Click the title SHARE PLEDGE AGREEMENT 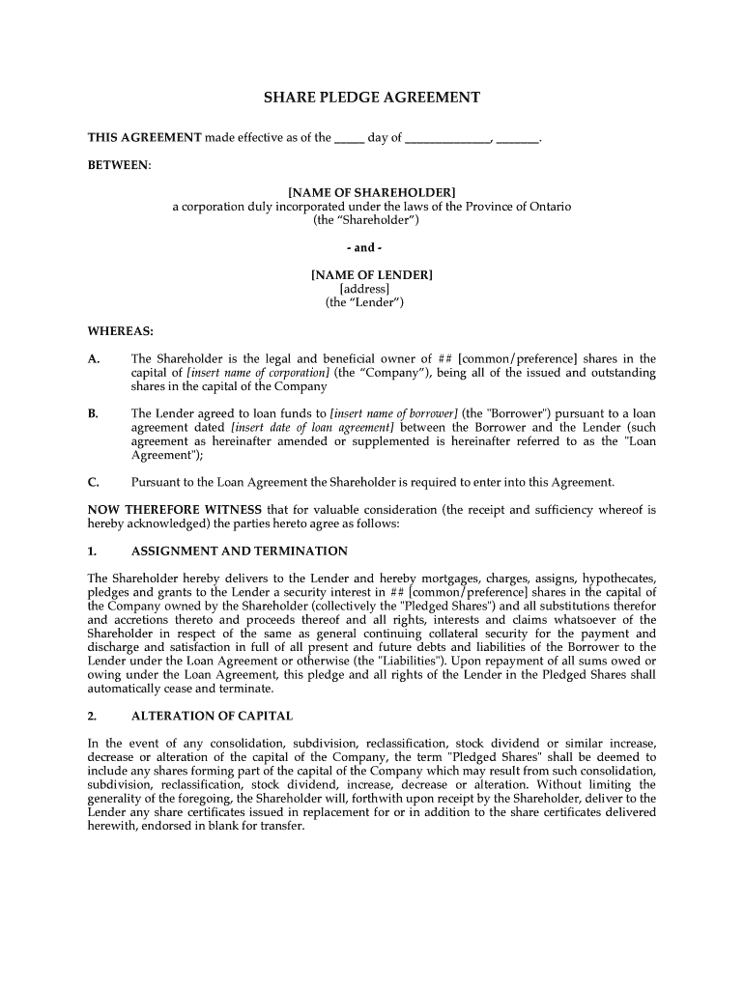point(372,98)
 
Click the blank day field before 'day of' point(349,138)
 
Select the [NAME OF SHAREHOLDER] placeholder point(372,193)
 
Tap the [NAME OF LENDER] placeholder point(372,275)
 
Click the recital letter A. point(94,359)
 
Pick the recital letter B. point(94,413)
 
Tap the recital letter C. point(94,482)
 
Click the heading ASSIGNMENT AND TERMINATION point(239,551)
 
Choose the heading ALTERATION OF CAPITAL point(212,717)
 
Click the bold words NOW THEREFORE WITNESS point(175,510)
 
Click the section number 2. point(92,717)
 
